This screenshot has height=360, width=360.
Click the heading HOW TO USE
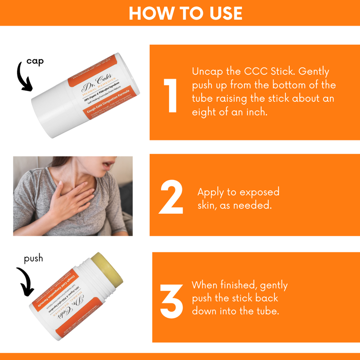click(180, 13)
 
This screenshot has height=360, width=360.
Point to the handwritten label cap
click(35, 62)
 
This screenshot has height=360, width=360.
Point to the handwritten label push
click(34, 258)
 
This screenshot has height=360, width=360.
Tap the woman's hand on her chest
click(72, 200)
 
